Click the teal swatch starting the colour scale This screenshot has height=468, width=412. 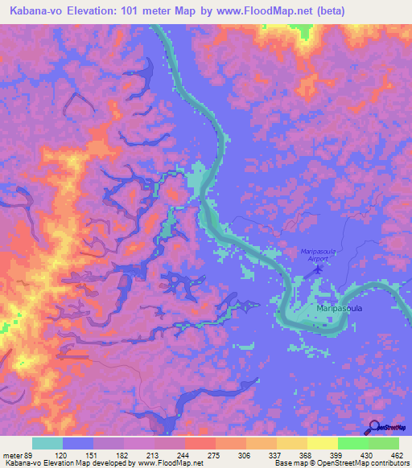pyautogui.click(x=47, y=443)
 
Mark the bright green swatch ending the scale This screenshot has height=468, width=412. pyautogui.click(x=384, y=443)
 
